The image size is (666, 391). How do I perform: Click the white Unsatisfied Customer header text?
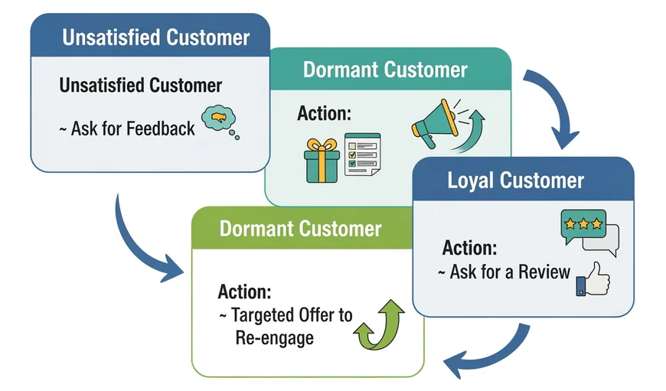[x=155, y=37]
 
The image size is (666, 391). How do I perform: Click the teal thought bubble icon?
[x=219, y=121]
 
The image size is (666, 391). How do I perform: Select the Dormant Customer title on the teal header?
[x=385, y=70]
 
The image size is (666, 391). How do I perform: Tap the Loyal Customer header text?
[x=515, y=181]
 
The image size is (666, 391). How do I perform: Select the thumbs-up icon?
[x=593, y=279]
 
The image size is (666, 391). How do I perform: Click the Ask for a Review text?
[x=504, y=272]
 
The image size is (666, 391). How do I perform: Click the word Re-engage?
[x=274, y=337]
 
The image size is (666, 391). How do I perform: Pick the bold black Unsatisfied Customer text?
[x=140, y=86]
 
